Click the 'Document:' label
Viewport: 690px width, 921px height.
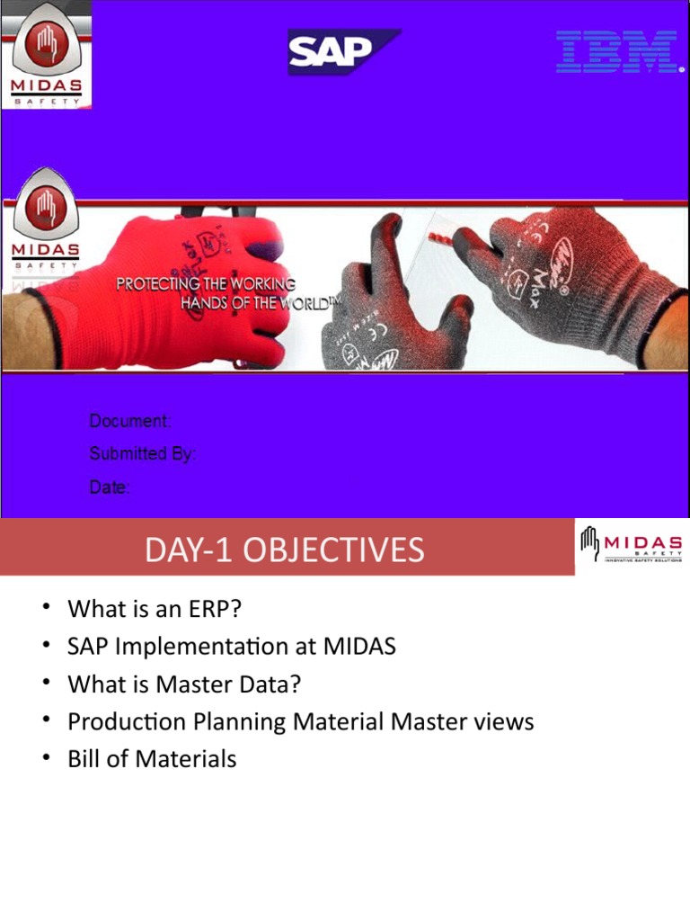(129, 421)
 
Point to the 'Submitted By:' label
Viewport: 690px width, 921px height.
(142, 454)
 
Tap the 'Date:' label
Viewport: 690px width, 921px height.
(110, 487)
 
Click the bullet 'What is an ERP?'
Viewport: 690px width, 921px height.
(155, 609)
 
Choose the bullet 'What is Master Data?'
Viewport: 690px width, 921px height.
(184, 684)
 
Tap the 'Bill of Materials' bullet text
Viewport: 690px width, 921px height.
(152, 759)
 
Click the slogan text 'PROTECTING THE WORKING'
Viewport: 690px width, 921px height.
(206, 284)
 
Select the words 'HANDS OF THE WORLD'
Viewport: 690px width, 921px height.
(252, 303)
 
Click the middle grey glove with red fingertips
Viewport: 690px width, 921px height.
(395, 306)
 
